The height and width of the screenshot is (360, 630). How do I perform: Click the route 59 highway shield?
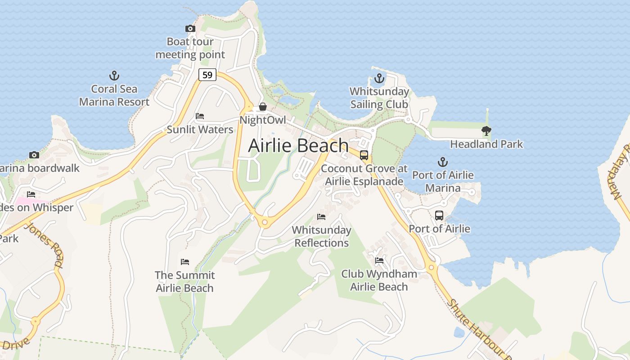pos(207,75)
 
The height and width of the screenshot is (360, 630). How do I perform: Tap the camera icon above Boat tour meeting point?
pos(190,28)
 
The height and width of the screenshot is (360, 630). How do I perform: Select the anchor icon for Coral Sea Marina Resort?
pos(114,75)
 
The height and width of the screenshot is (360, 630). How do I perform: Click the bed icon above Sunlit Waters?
pos(200,116)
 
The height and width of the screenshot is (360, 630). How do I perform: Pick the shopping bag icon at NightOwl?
pos(262,107)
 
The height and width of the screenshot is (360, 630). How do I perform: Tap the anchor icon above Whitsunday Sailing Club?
pos(379,78)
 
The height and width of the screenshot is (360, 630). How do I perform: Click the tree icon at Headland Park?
pos(486,131)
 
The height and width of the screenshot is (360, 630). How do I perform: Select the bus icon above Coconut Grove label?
pos(364,155)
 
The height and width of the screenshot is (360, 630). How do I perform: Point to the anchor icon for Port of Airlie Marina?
pos(443,162)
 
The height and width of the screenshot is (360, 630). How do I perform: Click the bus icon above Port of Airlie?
pos(439,216)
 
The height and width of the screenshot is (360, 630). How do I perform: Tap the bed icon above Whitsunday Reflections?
pos(321,217)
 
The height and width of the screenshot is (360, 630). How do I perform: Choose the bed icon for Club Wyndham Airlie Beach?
pos(379,260)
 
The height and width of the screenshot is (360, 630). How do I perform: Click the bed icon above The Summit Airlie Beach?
pos(184,261)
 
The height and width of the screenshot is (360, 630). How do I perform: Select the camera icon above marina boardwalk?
pos(34,155)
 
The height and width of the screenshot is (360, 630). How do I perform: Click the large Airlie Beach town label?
pos(298,145)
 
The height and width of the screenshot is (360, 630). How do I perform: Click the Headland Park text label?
pos(486,144)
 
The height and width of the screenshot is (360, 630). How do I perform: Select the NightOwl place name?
pos(262,120)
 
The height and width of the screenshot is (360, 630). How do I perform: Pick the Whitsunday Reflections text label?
pos(321,236)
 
